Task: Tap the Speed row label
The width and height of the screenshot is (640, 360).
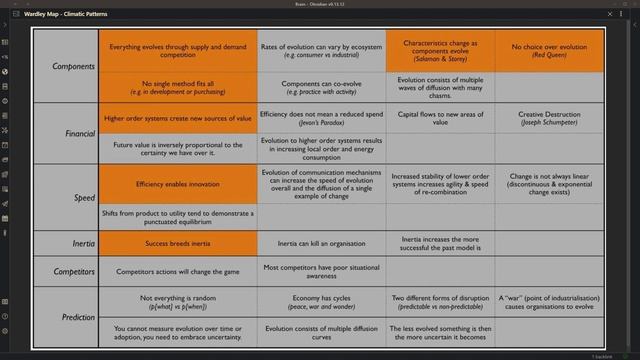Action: tap(84, 198)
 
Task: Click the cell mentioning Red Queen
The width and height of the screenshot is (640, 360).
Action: tap(549, 51)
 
